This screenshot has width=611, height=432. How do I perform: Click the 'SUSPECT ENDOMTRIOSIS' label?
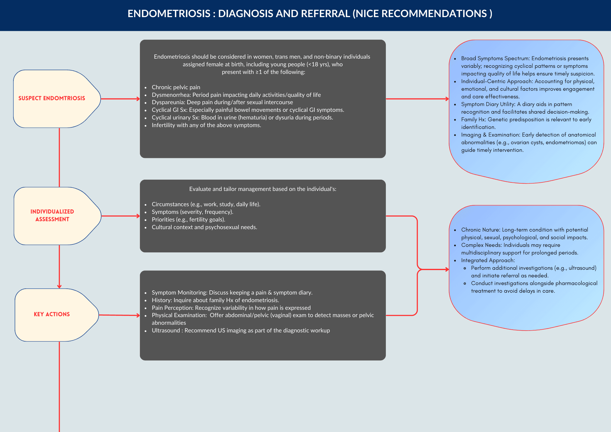(52, 98)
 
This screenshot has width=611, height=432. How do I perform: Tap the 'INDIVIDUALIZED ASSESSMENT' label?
(52, 215)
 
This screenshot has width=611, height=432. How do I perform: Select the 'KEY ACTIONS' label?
(52, 314)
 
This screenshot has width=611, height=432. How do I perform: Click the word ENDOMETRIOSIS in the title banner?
(169, 14)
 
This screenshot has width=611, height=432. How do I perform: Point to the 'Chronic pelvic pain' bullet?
(176, 87)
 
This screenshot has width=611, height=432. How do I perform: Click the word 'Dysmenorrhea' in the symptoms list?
(171, 95)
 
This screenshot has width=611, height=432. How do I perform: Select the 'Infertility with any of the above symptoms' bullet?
(206, 125)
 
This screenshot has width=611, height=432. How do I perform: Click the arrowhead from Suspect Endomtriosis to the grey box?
(138, 99)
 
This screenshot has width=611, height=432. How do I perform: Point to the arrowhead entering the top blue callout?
(447, 99)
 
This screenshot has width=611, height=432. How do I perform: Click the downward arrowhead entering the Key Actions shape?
(59, 287)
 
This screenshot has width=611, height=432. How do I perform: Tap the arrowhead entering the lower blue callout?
(447, 269)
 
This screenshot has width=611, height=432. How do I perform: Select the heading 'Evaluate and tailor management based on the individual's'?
(262, 189)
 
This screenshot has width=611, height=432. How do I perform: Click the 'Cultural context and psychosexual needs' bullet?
(204, 227)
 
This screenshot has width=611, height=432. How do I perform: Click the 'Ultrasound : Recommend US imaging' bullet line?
(240, 331)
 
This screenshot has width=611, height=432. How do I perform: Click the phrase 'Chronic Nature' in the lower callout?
(480, 230)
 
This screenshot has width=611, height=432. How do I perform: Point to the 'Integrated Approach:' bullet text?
(488, 261)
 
